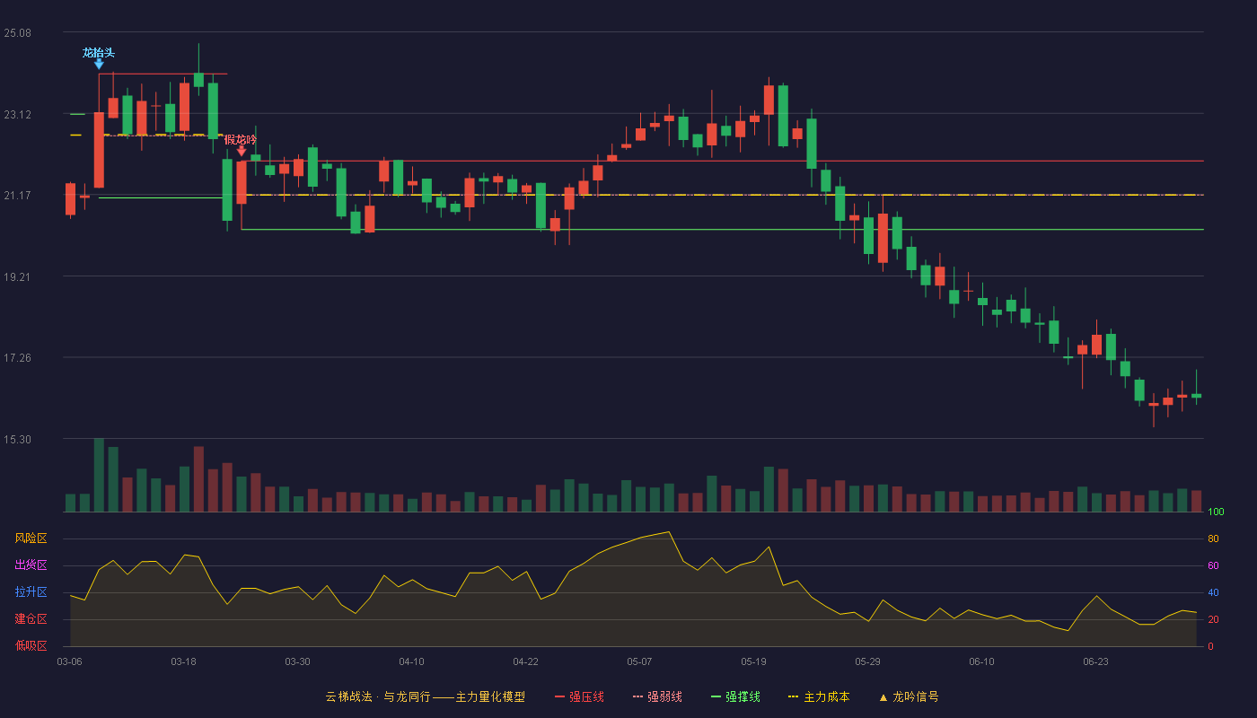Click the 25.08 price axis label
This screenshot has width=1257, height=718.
(17, 33)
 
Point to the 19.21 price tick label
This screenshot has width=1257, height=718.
(17, 277)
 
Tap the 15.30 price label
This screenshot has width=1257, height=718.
(17, 440)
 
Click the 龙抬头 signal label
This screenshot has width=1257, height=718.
(99, 53)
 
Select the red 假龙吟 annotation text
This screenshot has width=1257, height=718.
(241, 140)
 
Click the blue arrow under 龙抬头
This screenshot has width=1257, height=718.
(99, 65)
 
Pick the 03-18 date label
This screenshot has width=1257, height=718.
(183, 662)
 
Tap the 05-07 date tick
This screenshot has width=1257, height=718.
(639, 662)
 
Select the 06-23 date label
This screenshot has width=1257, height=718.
(1096, 662)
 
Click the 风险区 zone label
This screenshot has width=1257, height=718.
(31, 538)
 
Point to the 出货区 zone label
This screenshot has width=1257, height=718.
(31, 565)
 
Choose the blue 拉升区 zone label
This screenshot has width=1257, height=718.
(31, 591)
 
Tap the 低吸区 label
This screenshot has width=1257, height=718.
(31, 645)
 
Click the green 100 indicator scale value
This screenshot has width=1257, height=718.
(1216, 512)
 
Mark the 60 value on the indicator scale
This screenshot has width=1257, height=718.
(1213, 565)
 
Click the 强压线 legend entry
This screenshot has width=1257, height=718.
(579, 696)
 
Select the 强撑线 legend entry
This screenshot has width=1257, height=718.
(735, 696)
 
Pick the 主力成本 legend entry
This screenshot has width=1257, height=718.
(819, 696)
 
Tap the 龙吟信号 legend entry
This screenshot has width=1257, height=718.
(909, 696)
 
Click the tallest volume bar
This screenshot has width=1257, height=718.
(99, 475)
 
